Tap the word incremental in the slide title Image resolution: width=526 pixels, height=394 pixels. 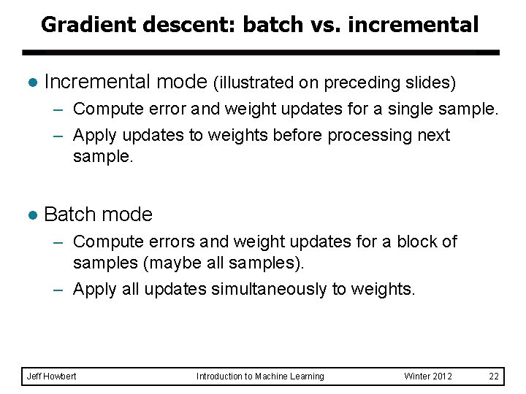[x=413, y=25]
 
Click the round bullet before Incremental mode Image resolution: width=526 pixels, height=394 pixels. [x=31, y=82]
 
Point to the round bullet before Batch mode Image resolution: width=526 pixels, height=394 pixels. [x=31, y=215]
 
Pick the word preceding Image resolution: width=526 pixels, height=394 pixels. [x=363, y=83]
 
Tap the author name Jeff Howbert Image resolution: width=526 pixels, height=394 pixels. [x=52, y=376]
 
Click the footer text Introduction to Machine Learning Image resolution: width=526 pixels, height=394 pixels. [x=260, y=376]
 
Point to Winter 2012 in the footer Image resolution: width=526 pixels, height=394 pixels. [x=428, y=376]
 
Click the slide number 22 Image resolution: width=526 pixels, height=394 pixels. [x=494, y=376]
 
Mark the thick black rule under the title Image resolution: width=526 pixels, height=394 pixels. [x=261, y=53]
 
